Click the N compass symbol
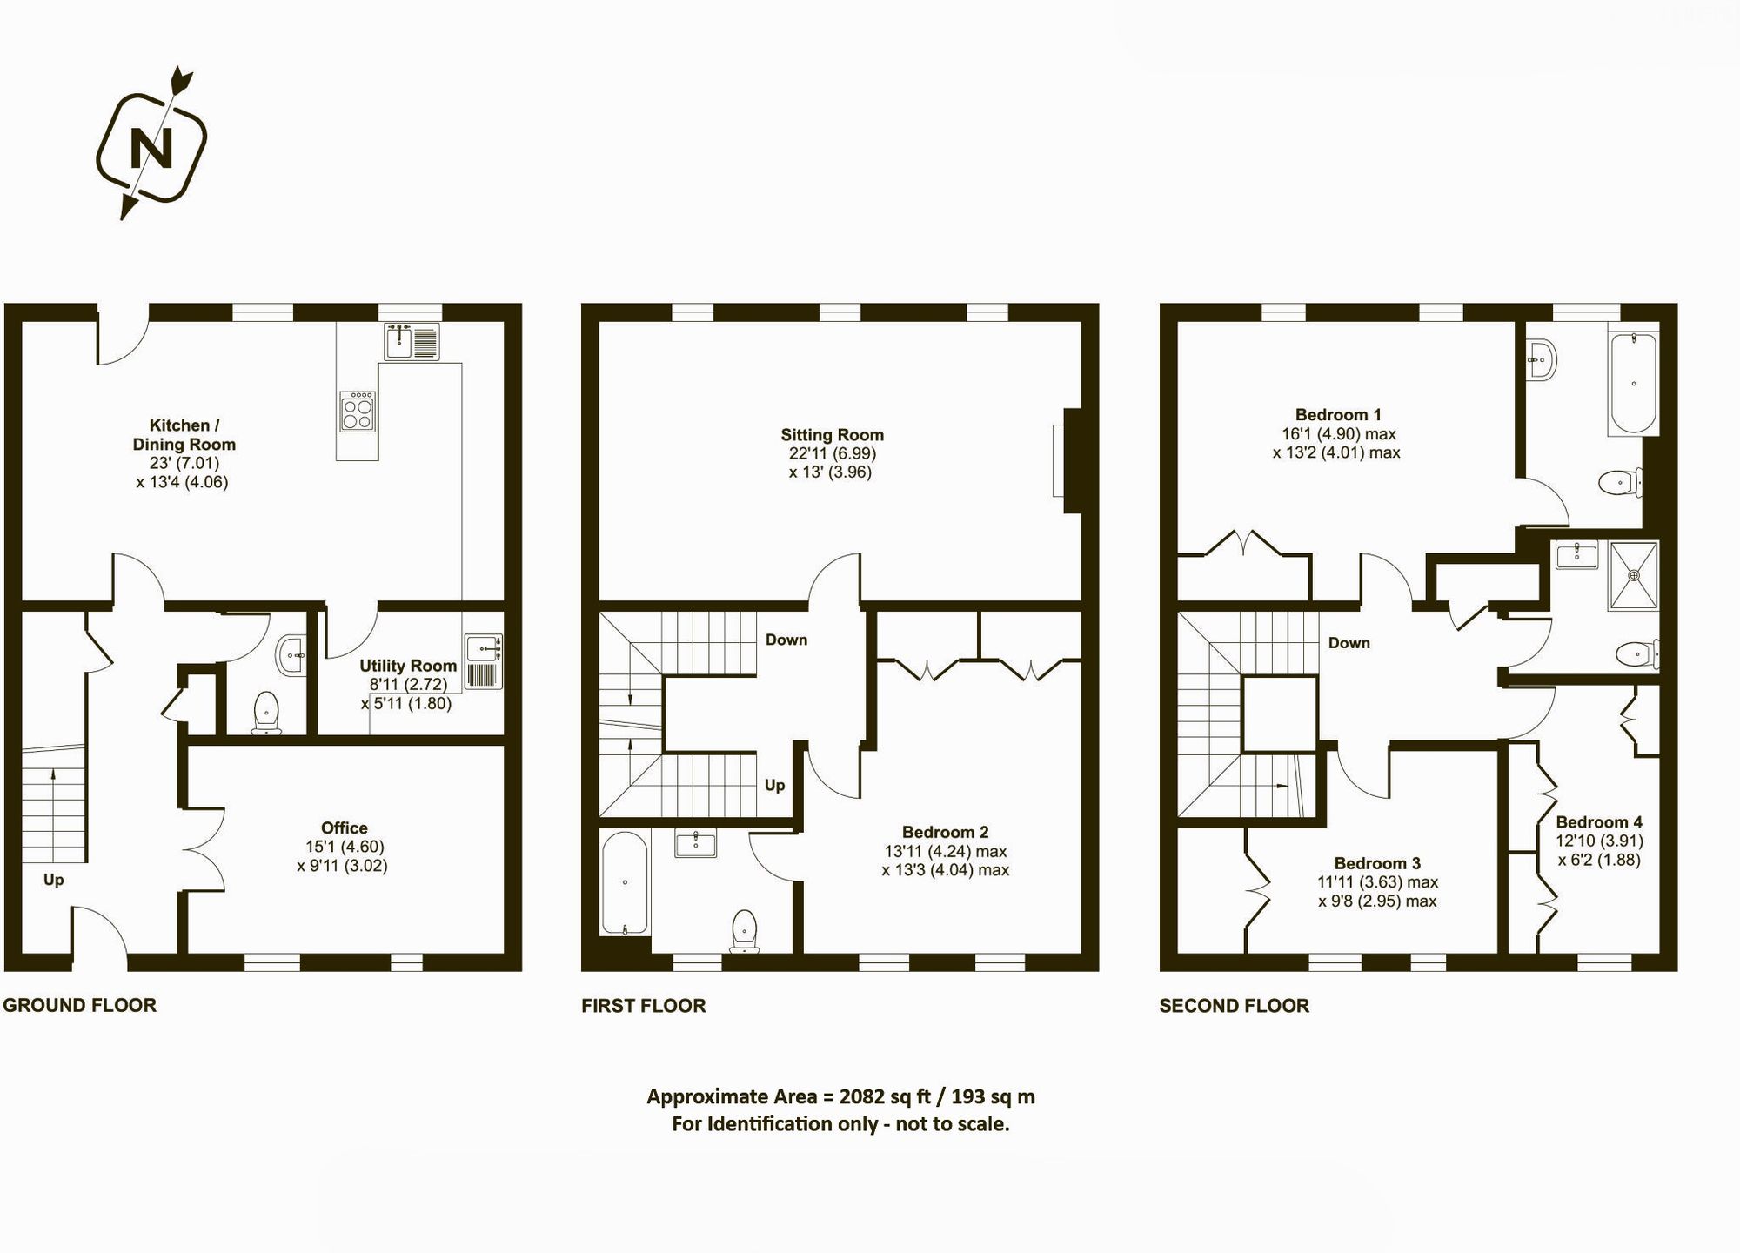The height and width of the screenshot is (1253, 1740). click(x=151, y=148)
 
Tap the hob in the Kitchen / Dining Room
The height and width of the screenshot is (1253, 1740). click(x=358, y=411)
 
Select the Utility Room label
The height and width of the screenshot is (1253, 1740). click(x=408, y=666)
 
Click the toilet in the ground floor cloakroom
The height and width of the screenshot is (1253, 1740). click(x=265, y=712)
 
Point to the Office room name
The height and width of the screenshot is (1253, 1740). click(x=345, y=828)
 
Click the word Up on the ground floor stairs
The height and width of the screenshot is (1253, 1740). click(x=54, y=880)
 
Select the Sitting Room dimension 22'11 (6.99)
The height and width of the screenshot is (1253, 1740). click(x=832, y=453)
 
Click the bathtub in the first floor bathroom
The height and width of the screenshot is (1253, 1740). click(x=625, y=883)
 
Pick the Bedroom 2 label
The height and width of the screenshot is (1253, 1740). click(x=945, y=832)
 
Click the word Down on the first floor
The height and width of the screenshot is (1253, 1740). click(x=786, y=640)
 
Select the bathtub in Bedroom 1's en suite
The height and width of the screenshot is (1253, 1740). click(x=1633, y=383)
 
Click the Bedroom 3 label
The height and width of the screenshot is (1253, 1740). click(x=1377, y=863)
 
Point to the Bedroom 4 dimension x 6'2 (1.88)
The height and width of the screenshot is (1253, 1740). click(x=1599, y=860)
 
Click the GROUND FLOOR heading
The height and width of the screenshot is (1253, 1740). click(x=80, y=1005)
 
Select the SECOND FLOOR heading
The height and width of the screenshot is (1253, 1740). click(x=1234, y=1006)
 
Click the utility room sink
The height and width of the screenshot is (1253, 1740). click(x=482, y=649)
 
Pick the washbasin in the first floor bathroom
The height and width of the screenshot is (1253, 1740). click(x=696, y=843)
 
